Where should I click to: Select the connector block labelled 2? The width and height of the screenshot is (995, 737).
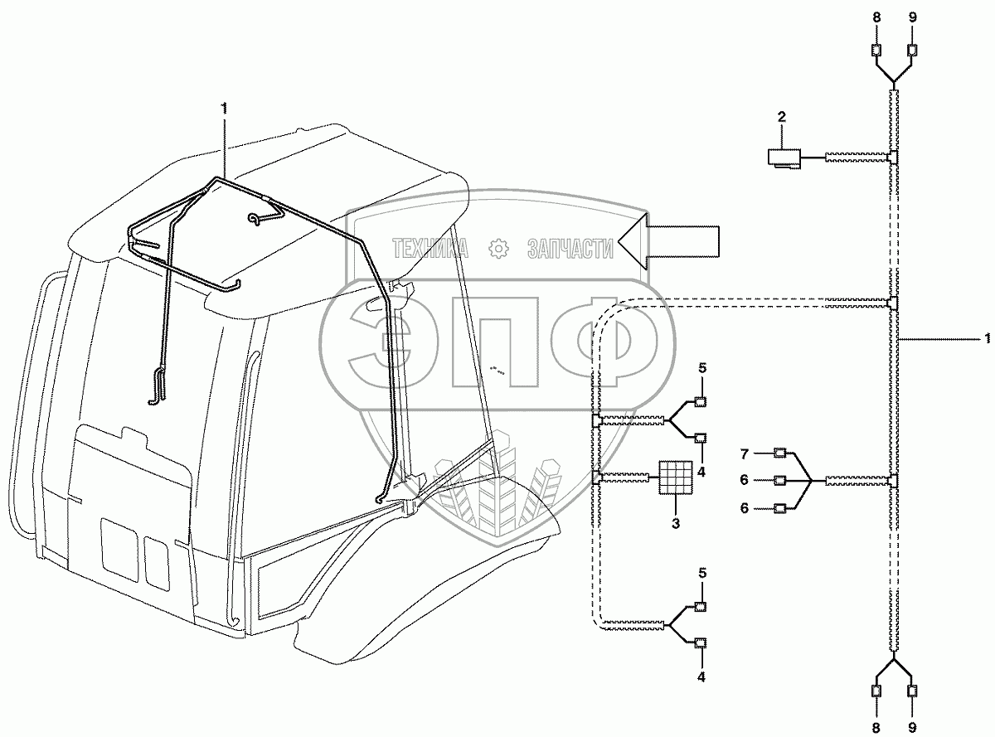click(x=784, y=158)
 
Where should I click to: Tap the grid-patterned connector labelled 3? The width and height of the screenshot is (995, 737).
click(x=674, y=478)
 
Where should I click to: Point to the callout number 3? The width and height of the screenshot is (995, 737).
click(x=674, y=524)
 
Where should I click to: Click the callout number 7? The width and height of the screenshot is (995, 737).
click(x=745, y=453)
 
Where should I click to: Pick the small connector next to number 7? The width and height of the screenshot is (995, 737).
click(x=779, y=453)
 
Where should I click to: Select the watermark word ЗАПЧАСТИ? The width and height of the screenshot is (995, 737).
click(x=570, y=248)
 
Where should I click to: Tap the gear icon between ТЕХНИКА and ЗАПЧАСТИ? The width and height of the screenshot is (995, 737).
click(x=498, y=248)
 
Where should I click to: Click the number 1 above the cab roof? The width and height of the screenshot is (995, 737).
click(x=222, y=108)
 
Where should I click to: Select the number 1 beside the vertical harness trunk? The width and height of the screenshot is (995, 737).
click(x=987, y=338)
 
